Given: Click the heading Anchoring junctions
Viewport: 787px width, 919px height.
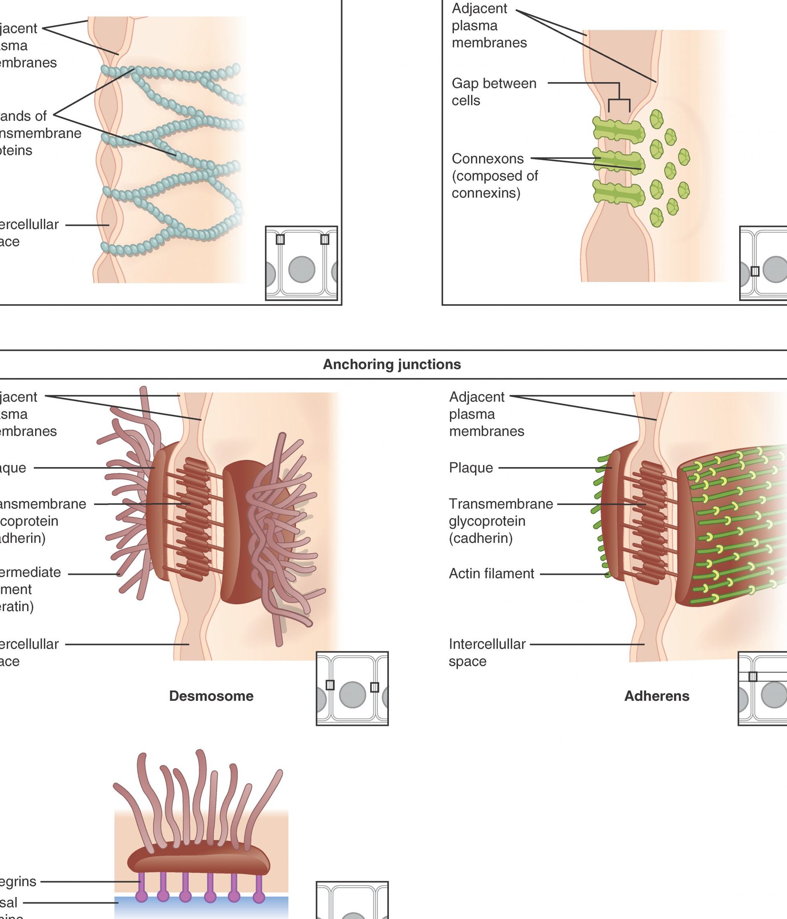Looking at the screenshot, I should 392,365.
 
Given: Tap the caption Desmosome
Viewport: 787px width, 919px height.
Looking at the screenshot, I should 211,696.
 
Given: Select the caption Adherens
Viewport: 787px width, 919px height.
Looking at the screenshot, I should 657,696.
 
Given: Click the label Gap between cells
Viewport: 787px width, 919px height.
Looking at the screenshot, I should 494,92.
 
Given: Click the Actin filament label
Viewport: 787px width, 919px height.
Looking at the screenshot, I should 491,574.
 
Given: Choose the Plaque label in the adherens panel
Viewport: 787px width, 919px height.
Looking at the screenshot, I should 471,467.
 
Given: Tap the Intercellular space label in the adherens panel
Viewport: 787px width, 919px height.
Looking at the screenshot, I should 487,653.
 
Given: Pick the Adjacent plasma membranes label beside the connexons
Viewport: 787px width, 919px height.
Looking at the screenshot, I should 489,26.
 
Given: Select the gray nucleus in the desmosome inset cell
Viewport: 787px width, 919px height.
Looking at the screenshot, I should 352,694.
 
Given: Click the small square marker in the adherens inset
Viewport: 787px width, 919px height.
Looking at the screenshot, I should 753,676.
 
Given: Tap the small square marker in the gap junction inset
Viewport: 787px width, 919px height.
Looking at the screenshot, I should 755,271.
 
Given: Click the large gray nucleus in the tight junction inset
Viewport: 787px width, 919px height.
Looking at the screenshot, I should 302,269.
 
